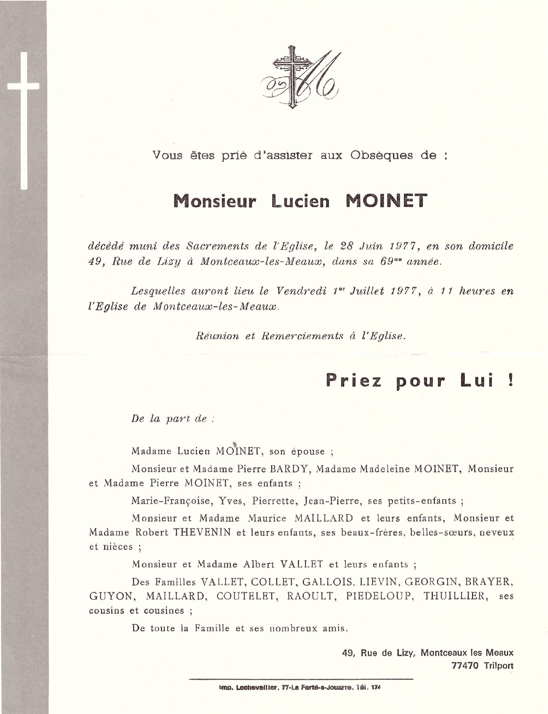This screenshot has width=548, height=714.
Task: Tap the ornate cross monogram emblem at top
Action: point(300,77)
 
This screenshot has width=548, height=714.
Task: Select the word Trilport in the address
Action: point(499,665)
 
